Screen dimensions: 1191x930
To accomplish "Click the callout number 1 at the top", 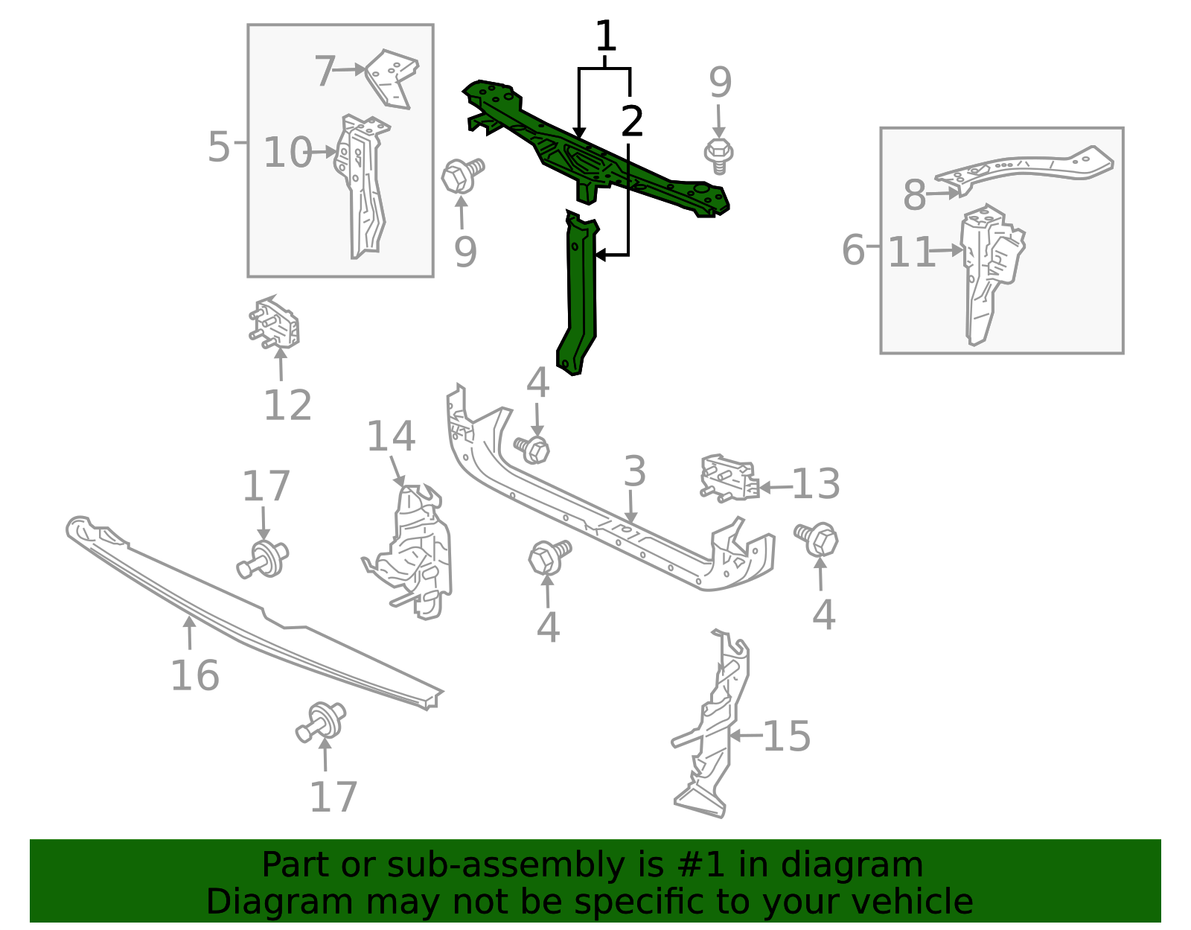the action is pyautogui.click(x=605, y=36).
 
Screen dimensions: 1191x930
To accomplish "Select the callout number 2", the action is pyautogui.click(x=631, y=121).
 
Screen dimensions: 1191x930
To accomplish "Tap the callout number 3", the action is pyautogui.click(x=635, y=471).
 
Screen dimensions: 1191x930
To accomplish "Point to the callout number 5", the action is pyautogui.click(x=219, y=147).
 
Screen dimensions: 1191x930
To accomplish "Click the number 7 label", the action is pyautogui.click(x=325, y=71).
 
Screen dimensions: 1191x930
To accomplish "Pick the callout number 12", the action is pyautogui.click(x=288, y=406).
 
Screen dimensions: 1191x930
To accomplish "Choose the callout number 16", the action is pyautogui.click(x=195, y=675).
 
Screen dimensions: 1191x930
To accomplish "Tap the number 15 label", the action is pyautogui.click(x=787, y=736).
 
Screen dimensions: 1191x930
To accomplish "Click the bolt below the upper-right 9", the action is pyautogui.click(x=718, y=156).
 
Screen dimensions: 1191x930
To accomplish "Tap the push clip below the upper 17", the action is pyautogui.click(x=263, y=558).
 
